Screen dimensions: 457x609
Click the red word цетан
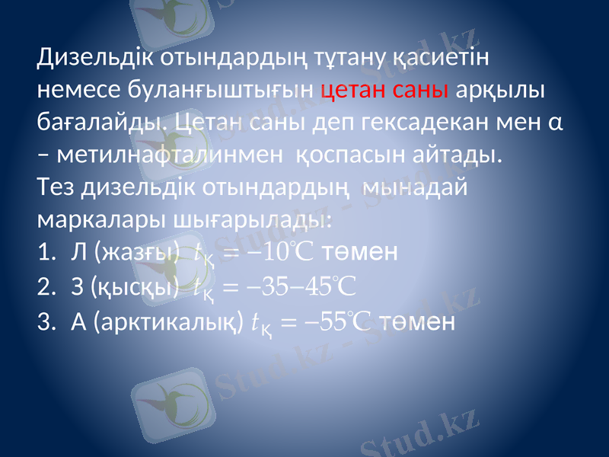coord(358,90)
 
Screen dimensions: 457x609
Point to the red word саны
coord(423,90)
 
